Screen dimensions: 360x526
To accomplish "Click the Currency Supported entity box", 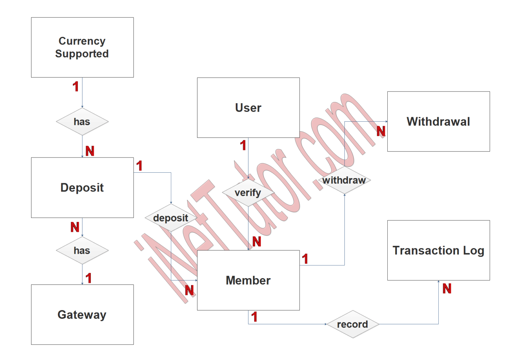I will [x=82, y=47].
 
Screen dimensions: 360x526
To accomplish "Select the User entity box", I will [x=248, y=108].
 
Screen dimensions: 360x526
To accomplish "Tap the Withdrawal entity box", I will [x=438, y=121].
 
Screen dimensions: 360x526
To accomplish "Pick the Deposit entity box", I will [x=82, y=187].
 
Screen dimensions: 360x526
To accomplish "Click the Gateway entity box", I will [x=82, y=314].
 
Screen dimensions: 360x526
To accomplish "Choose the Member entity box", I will [x=248, y=280].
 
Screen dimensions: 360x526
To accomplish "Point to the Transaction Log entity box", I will [x=438, y=250].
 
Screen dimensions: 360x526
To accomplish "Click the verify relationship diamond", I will [x=248, y=193].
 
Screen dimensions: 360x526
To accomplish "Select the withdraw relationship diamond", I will [x=345, y=180].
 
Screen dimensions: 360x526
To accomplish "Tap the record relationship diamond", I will [x=353, y=324].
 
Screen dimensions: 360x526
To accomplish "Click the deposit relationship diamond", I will [x=171, y=218].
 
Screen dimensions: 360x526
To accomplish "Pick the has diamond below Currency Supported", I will [x=82, y=122].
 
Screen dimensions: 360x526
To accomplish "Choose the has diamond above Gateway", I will [x=82, y=250].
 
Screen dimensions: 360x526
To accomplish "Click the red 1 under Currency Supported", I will [x=76, y=87].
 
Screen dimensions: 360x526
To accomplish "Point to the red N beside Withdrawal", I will [x=381, y=131].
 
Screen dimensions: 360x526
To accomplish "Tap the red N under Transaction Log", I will [x=447, y=289].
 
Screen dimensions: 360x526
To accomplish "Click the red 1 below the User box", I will [x=243, y=146].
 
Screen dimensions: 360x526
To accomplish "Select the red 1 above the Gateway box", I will [x=89, y=278].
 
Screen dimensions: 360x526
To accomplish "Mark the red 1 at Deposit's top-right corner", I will [x=139, y=166].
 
